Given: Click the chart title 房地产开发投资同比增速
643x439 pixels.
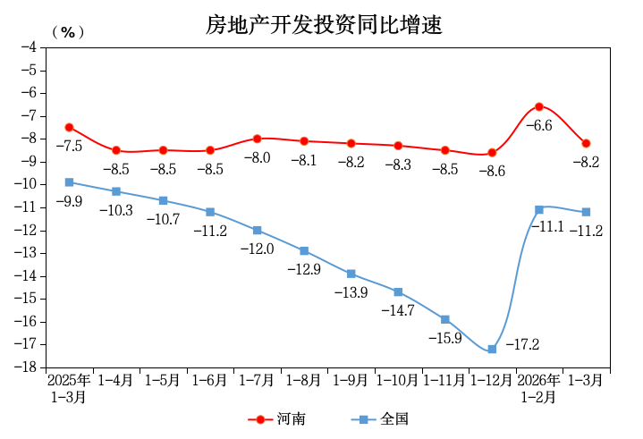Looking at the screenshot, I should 324,26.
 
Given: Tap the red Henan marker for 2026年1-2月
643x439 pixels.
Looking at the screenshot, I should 539,106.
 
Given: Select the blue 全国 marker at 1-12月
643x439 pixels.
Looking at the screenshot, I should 492,349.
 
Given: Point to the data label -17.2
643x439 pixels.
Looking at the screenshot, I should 522,343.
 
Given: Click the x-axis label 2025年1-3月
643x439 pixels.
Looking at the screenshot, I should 69,388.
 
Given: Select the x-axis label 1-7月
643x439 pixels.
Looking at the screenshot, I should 257,380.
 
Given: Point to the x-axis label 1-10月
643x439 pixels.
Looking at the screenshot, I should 398,380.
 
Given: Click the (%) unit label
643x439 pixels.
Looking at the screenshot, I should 68,32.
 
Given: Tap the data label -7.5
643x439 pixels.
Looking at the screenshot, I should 69,146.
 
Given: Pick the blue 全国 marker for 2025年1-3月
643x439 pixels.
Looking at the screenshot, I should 69,182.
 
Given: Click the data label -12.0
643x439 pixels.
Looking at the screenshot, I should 257,249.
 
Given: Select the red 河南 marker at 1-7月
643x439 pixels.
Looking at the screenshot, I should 257,139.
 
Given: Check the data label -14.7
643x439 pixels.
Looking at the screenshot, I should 398,310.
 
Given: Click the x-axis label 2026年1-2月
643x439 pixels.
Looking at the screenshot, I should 539,388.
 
